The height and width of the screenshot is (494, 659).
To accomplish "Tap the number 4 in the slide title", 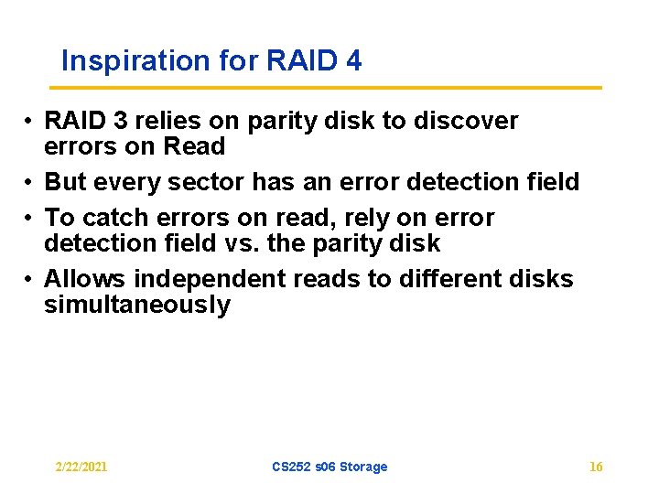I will pyautogui.click(x=353, y=61).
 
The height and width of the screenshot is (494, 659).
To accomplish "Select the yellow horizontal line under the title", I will pyautogui.click(x=326, y=88).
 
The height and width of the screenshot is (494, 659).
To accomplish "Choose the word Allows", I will pyautogui.click(x=80, y=278).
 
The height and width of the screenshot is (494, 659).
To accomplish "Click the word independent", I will pyautogui.click(x=189, y=278).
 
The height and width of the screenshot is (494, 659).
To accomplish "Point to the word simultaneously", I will pyautogui.click(x=137, y=305).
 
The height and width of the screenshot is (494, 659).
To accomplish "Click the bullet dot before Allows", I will pyautogui.click(x=30, y=279).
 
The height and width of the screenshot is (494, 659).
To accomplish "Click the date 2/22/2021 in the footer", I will pyautogui.click(x=81, y=467).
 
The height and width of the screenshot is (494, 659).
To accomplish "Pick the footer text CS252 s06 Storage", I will pyautogui.click(x=329, y=467).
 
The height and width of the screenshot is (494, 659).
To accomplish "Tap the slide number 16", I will pyautogui.click(x=596, y=467).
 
